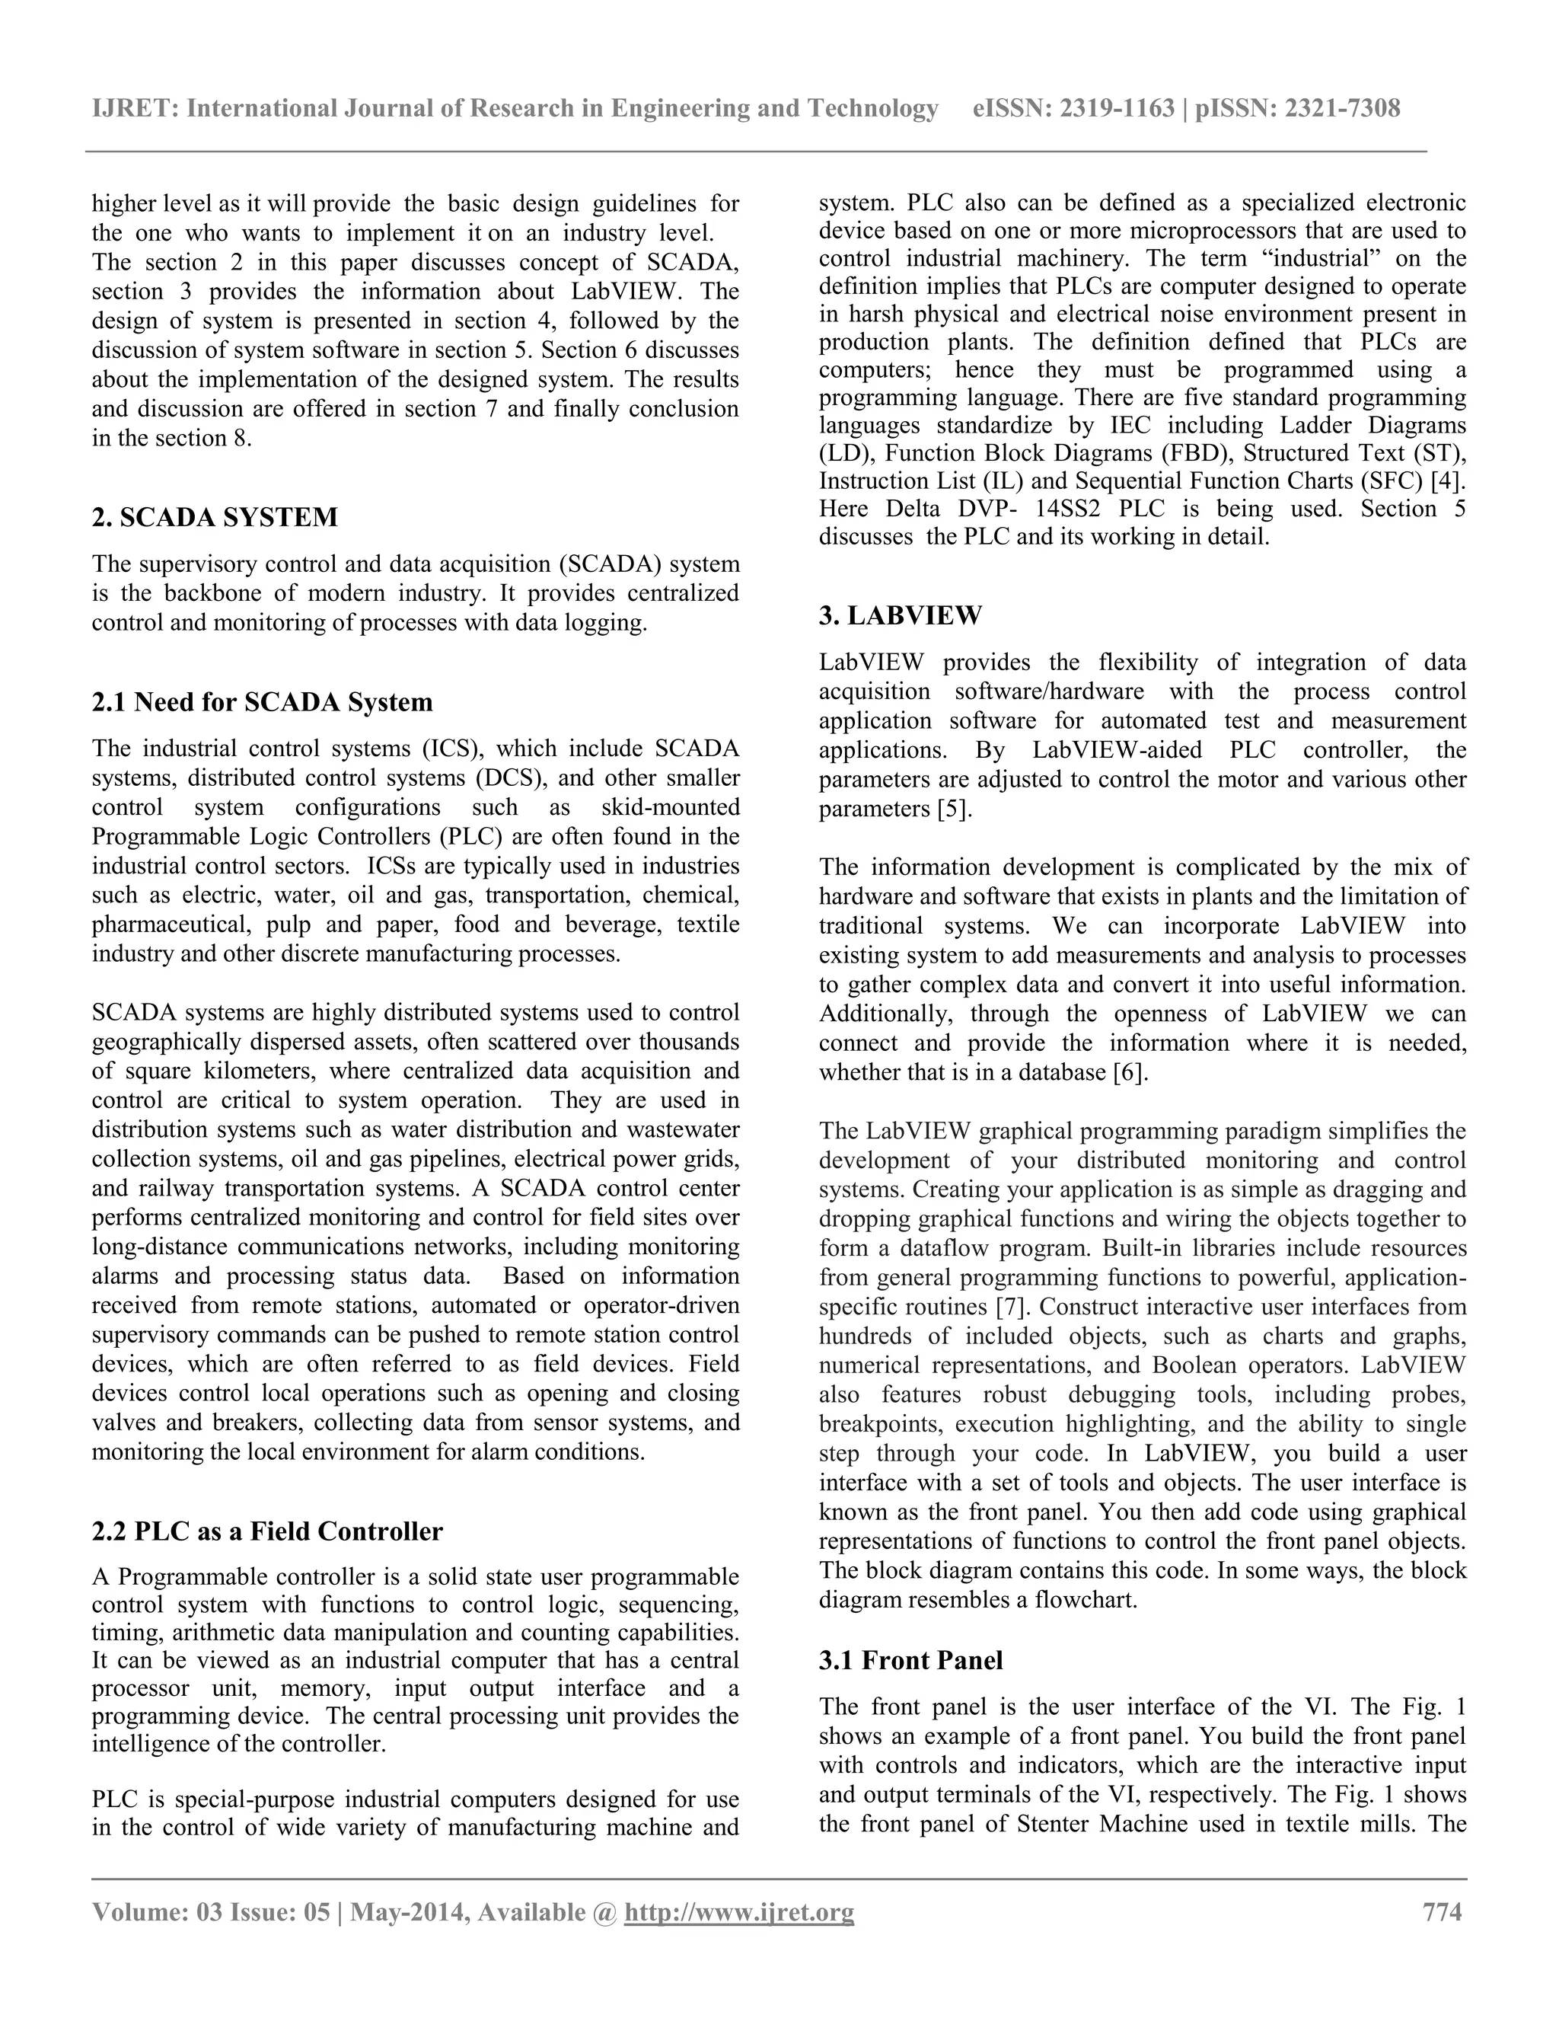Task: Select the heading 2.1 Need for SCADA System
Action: point(263,702)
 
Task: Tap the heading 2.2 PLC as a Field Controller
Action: point(267,1531)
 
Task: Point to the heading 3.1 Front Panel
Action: point(910,1660)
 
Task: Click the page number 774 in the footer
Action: point(1442,1911)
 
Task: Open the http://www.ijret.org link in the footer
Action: point(739,1911)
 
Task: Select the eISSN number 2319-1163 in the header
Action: point(1117,109)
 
